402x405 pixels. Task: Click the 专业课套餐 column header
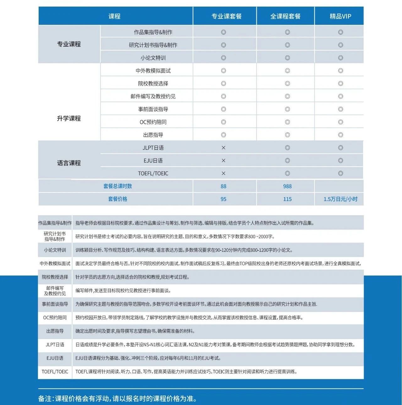226,16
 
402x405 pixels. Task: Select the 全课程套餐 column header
285,16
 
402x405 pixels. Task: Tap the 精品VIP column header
340,16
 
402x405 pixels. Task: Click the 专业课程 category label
69,44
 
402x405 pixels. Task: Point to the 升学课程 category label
69,118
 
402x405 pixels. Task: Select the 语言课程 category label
69,163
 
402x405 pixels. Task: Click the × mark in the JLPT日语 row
223,148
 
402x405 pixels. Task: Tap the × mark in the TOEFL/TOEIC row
223,173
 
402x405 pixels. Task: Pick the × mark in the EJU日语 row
223,161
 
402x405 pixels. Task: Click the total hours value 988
287,186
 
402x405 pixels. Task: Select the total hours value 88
223,186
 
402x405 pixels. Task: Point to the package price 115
287,199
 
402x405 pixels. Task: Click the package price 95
223,199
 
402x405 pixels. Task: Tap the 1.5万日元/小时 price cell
340,199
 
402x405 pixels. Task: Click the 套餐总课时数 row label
117,186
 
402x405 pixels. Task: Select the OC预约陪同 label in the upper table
153,122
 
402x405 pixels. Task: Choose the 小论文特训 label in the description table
55,250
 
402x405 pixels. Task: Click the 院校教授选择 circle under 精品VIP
340,84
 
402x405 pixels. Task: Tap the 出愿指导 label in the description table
55,331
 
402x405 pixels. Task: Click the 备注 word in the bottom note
45,399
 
